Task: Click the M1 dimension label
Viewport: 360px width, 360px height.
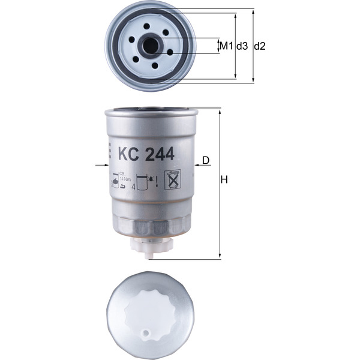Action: [x=225, y=46]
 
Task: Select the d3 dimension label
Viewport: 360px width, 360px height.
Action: [x=242, y=46]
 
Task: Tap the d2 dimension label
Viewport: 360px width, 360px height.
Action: [x=260, y=46]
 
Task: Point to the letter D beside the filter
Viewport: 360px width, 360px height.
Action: [x=206, y=160]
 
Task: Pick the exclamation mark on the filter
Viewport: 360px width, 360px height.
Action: [x=156, y=180]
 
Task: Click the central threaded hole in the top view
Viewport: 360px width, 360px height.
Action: [x=150, y=45]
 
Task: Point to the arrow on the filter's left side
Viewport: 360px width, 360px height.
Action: [x=100, y=164]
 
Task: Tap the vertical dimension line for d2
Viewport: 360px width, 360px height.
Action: [x=253, y=46]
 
